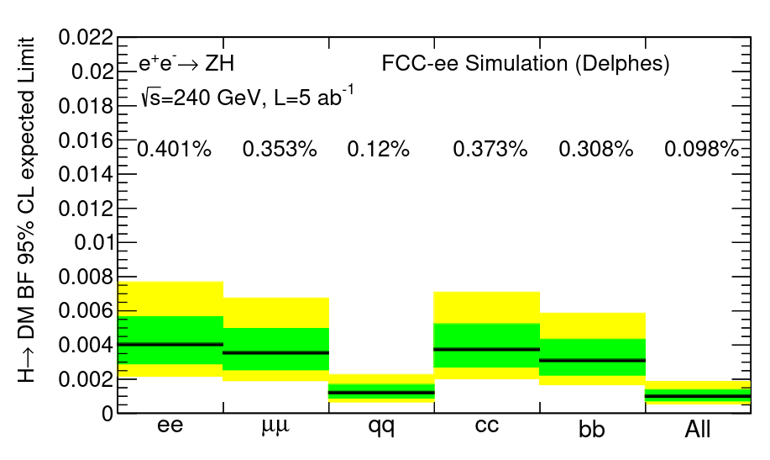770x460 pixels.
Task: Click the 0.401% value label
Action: point(174,150)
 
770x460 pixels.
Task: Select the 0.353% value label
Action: point(280,150)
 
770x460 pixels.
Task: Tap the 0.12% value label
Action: point(378,150)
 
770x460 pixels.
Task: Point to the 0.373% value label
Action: point(490,150)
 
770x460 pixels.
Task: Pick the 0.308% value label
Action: point(595,150)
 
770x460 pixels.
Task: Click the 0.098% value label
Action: point(701,150)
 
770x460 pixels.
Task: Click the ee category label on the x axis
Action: point(170,426)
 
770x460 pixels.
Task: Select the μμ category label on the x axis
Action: point(275,426)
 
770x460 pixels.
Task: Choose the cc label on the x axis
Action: point(486,426)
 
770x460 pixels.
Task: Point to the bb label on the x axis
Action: point(592,428)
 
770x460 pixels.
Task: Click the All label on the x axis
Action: point(698,429)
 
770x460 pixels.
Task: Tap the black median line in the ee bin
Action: point(170,344)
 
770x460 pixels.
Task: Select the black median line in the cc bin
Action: point(486,349)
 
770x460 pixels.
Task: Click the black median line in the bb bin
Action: point(592,360)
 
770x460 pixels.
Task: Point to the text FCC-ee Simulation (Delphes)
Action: point(526,64)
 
